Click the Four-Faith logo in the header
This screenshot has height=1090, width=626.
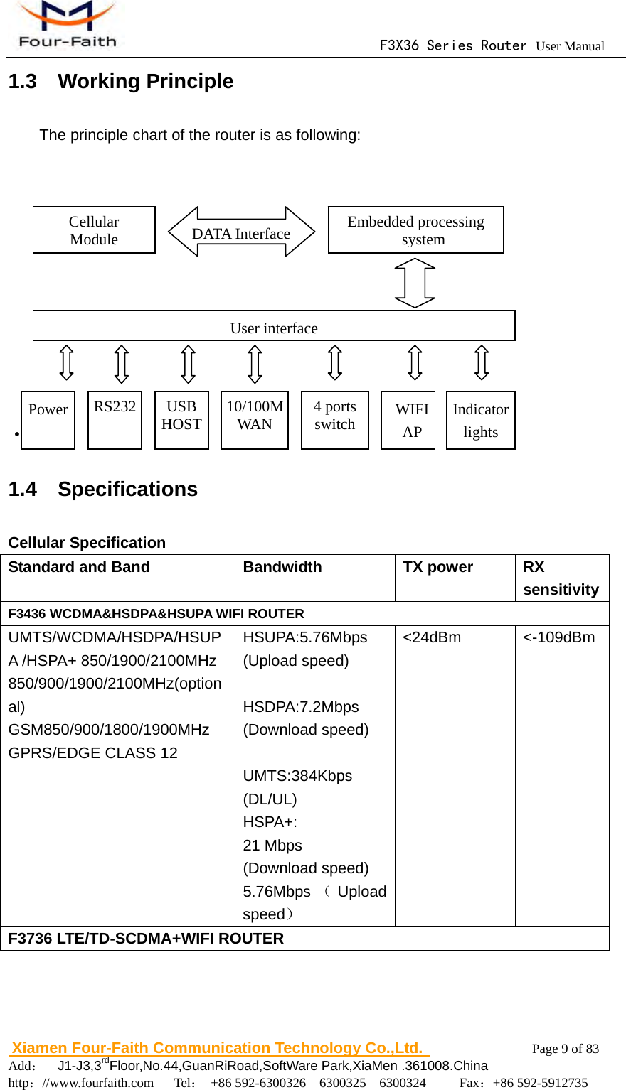click(x=67, y=26)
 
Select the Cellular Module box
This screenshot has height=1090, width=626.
click(x=94, y=230)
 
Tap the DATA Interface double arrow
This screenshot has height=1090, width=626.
click(x=241, y=232)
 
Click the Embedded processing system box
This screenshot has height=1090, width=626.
click(x=415, y=230)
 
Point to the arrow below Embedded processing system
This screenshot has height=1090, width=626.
click(x=415, y=283)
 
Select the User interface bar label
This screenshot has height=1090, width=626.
click(x=274, y=328)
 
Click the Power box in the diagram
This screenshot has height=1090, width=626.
click(x=48, y=420)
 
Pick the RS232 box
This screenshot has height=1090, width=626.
click(x=115, y=420)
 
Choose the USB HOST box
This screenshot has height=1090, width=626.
click(x=181, y=420)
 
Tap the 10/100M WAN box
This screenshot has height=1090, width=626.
click(x=255, y=420)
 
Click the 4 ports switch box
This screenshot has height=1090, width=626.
click(x=335, y=420)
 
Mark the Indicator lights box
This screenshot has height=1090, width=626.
click(x=481, y=420)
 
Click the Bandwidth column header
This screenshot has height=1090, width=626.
click(x=282, y=567)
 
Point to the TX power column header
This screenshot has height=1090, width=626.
click(x=438, y=567)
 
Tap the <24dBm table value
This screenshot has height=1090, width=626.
click(x=432, y=637)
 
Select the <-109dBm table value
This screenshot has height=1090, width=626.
click(x=559, y=637)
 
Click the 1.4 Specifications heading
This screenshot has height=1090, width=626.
click(x=103, y=489)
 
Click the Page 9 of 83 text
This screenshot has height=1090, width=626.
click(x=566, y=1049)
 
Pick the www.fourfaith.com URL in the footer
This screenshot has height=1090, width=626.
click(x=98, y=1083)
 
